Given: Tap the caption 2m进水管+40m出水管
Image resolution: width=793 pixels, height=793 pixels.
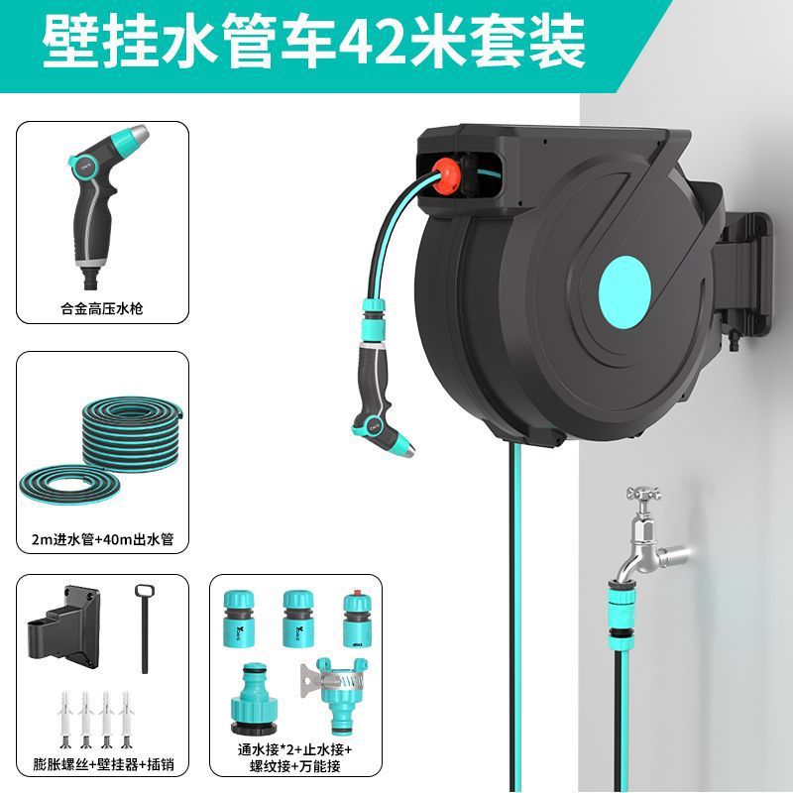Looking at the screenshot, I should pyautogui.click(x=102, y=540).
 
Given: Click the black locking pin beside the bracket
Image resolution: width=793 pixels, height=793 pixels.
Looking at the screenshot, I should pyautogui.click(x=143, y=634).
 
